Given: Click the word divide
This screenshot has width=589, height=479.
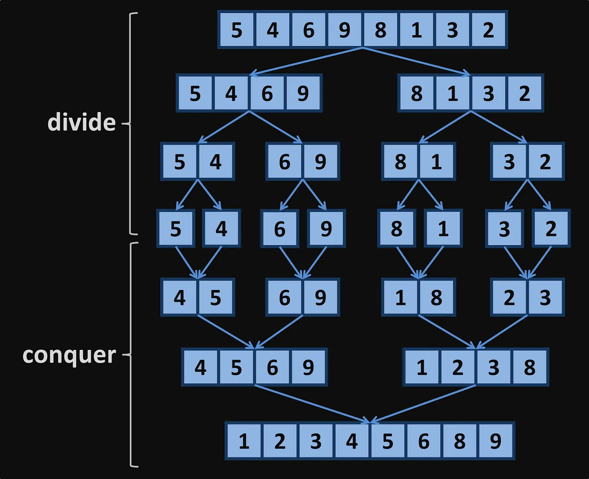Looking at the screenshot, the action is coord(82,122).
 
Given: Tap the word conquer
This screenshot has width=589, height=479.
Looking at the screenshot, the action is coord(69,355).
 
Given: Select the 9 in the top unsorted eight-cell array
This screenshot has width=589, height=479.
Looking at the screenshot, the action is coord(344,30).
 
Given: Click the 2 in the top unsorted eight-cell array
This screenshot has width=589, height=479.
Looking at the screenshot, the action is coord(488,30).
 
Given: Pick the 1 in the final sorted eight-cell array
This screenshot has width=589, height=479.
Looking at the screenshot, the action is coord(244,441).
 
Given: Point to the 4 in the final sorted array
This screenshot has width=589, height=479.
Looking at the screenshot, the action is coord(352,441).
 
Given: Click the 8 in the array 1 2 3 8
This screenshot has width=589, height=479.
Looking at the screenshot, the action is coord(530,367).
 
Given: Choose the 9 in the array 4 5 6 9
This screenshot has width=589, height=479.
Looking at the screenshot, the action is coord(308,367).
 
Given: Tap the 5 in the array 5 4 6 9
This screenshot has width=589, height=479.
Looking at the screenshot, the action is coord(195,93).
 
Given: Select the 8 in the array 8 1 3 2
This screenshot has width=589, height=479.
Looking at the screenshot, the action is coord(417,93).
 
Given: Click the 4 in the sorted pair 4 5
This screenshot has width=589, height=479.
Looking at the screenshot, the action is coord(180,298).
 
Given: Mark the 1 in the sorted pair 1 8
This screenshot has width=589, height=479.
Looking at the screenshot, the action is coord(400,298).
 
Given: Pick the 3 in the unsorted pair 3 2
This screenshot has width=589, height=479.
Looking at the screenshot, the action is coord(509,162).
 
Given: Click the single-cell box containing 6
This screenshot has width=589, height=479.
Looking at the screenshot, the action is coord(280,229).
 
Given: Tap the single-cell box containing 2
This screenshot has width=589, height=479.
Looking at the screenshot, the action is coord(551,229).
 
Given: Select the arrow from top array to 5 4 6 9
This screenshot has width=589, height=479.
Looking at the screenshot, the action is coord(306,61).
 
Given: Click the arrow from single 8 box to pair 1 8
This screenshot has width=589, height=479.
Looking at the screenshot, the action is coord(408,262).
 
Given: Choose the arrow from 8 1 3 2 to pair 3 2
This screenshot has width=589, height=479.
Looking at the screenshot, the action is coord(499,127).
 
